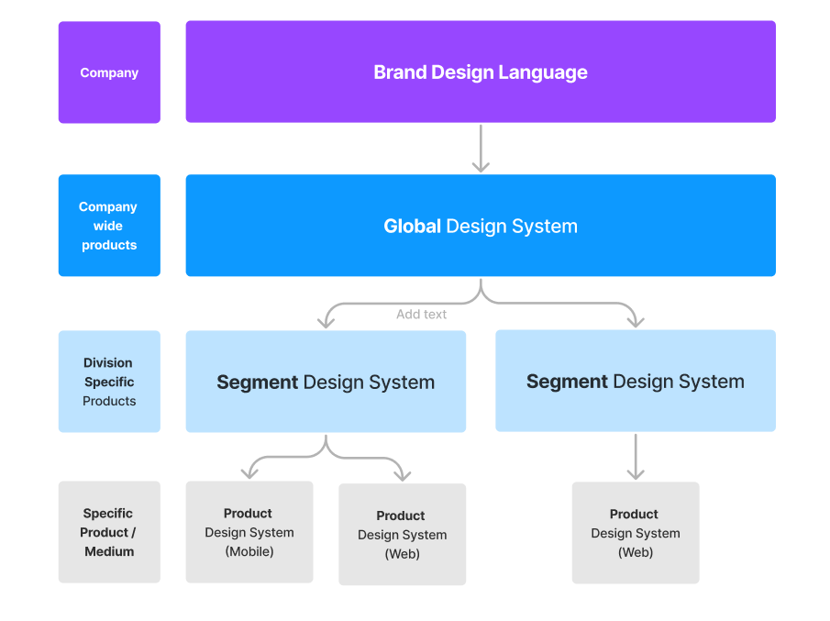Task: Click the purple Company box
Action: tap(109, 72)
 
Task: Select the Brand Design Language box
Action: tap(481, 72)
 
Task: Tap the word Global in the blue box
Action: tap(412, 227)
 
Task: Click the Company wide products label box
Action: tap(109, 226)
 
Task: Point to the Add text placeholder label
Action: tap(421, 314)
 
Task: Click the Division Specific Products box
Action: tap(109, 382)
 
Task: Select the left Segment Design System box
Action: tap(326, 382)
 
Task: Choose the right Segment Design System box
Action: tap(635, 381)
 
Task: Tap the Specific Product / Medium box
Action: tap(109, 532)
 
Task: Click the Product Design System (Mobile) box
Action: tap(249, 532)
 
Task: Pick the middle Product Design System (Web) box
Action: tap(402, 535)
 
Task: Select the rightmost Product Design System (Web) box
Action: tap(635, 533)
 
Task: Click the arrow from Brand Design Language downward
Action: tap(481, 149)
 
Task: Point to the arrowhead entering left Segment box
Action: tap(326, 321)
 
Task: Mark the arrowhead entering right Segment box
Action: tap(635, 321)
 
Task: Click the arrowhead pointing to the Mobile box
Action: tap(249, 472)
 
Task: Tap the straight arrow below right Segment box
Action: tap(635, 457)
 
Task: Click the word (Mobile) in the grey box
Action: tap(249, 551)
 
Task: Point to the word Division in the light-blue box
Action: tap(108, 362)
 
